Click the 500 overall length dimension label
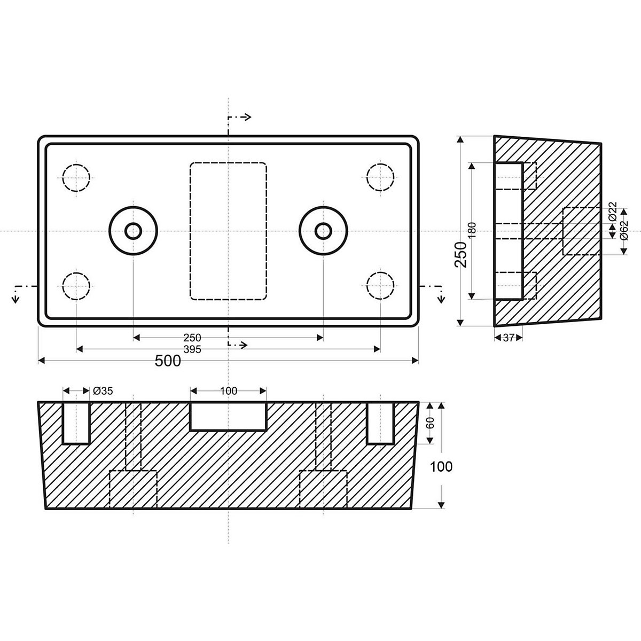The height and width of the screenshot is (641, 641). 168,361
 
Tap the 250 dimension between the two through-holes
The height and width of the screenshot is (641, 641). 192,338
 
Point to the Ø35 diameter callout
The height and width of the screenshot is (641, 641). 103,391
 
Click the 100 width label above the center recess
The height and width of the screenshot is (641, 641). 228,391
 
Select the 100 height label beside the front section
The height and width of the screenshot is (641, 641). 441,466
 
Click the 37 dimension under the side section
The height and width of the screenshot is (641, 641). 508,338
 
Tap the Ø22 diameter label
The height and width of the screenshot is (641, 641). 613,212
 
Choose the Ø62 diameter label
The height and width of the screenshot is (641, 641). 623,231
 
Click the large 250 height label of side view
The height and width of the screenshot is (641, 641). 461,254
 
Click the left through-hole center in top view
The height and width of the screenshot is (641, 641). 133,231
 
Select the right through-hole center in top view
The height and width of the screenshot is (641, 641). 323,231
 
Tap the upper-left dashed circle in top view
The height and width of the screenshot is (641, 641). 76,176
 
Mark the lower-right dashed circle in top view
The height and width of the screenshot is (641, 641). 380,286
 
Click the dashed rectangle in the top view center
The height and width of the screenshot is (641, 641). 228,231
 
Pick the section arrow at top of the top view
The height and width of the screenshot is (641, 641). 239,118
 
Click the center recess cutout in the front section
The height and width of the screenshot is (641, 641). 228,416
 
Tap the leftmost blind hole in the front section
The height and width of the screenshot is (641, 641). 76,423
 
